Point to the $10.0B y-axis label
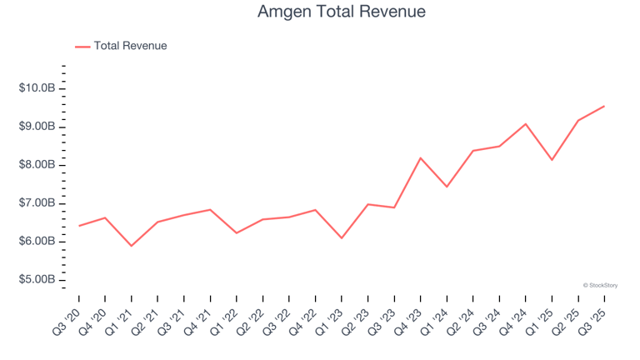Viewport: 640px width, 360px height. click(37, 88)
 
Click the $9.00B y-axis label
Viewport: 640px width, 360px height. click(37, 127)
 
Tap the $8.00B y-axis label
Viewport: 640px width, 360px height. click(37, 165)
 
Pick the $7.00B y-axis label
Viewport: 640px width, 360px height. click(37, 203)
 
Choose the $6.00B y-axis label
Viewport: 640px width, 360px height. click(37, 242)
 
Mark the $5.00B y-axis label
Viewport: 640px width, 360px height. click(37, 280)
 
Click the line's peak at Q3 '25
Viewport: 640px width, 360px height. click(603, 106)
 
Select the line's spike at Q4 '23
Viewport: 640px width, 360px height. click(420, 157)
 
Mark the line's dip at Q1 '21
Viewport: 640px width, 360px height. click(131, 246)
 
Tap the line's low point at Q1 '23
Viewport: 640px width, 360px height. click(341, 238)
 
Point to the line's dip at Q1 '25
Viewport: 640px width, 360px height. click(552, 159)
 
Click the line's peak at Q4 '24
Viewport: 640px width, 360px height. click(525, 124)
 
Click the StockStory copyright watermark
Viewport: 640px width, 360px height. click(600, 285)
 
